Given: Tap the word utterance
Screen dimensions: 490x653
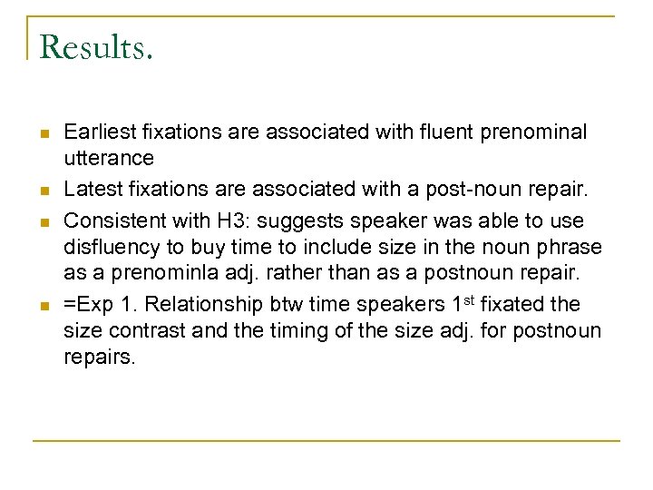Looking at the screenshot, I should click(x=109, y=159).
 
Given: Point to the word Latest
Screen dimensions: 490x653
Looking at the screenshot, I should click(x=92, y=190).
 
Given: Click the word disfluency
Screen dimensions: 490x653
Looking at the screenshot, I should click(x=107, y=247).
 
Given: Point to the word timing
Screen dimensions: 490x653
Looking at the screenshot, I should click(x=271, y=330).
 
